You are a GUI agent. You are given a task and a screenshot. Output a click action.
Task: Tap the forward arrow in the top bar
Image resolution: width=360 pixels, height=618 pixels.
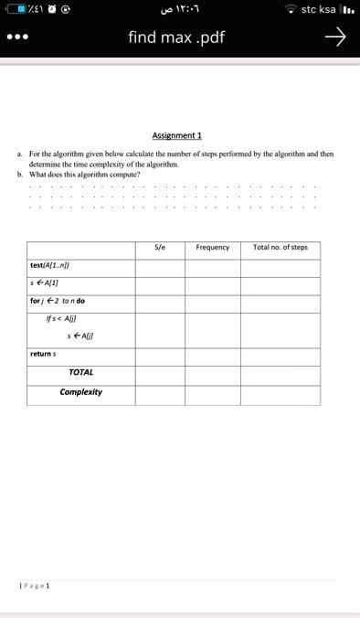click(335, 37)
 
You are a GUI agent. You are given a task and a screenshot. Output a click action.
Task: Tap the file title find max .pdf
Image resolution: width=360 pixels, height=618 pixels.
click(176, 38)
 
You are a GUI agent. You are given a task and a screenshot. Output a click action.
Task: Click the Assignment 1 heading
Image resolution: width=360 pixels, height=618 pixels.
click(177, 134)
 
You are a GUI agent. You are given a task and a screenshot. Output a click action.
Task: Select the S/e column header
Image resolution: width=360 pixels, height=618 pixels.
click(160, 247)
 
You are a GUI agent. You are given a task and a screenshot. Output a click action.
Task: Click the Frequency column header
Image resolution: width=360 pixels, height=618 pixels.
click(212, 247)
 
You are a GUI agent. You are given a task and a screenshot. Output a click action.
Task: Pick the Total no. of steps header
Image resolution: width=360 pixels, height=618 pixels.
click(280, 247)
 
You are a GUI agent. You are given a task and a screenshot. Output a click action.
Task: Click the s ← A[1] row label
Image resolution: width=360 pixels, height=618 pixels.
click(44, 282)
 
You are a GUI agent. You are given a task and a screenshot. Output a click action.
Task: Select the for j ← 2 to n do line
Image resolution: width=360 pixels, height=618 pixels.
click(58, 301)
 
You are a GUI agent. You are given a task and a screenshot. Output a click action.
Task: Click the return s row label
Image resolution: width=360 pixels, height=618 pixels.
click(43, 353)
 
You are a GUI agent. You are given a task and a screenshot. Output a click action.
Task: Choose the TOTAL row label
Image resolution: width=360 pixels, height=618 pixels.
click(80, 372)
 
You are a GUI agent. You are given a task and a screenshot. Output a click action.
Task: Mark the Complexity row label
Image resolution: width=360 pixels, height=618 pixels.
click(80, 392)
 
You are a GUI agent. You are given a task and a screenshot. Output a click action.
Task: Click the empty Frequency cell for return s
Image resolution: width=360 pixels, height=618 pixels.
click(212, 354)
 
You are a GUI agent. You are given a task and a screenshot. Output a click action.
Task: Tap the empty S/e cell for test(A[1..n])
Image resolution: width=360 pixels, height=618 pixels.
click(160, 266)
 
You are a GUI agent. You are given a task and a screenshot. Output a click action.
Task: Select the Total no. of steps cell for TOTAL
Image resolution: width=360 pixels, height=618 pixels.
click(280, 373)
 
